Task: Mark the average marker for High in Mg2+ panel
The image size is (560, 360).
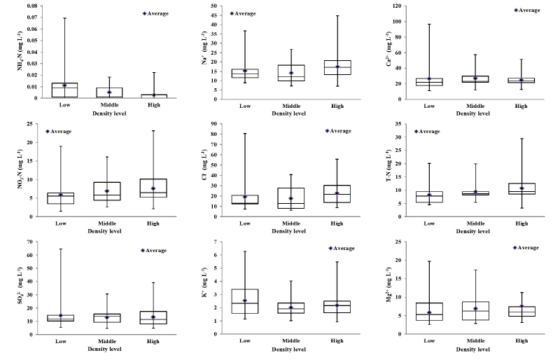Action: (521, 306)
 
